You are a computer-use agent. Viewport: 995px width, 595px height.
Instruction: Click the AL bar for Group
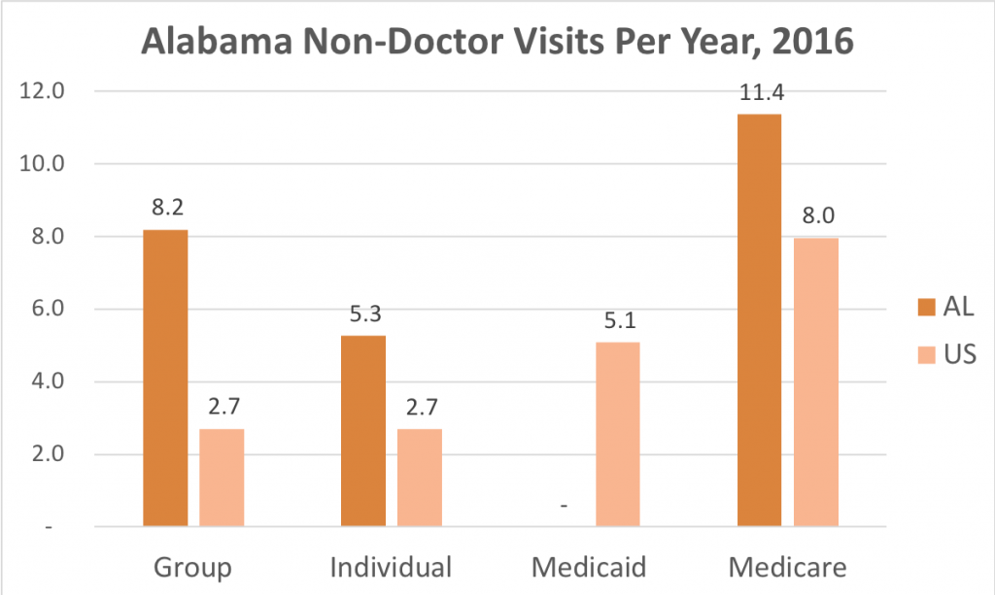coord(165,379)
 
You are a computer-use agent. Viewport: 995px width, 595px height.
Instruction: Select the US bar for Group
coord(222,478)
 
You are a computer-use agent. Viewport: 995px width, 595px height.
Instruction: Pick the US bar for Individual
coord(420,478)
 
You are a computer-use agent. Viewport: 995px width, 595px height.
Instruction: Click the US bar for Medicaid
coord(618,434)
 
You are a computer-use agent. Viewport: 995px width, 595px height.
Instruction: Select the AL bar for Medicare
coord(759,320)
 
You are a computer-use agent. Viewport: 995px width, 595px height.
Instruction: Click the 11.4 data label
coord(760,94)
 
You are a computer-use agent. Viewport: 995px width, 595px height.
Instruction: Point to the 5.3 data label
coord(363,315)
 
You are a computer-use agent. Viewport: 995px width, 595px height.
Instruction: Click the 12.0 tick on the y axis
coord(46,91)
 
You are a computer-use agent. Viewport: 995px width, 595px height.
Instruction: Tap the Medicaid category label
coord(590,567)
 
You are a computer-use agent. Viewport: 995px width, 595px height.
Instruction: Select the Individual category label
coord(391,567)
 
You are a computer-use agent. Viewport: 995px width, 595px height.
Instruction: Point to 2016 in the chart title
coord(811,44)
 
